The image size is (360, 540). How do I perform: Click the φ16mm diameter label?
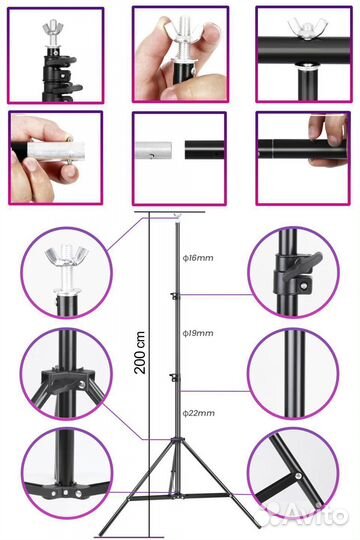pos(198,257)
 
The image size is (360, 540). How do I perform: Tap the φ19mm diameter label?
pos(198,333)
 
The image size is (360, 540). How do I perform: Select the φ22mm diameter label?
pos(199,413)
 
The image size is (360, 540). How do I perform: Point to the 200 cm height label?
pos(140,353)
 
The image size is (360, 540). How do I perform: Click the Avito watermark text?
pos(303,516)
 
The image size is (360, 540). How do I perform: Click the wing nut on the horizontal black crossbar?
pos(303,28)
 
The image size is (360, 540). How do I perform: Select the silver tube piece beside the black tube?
pos(154,150)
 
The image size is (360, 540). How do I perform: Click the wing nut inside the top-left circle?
pos(66,255)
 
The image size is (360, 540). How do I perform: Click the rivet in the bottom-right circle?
pos(298,476)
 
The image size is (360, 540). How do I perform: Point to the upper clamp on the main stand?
pos(175,295)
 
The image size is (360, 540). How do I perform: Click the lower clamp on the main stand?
pos(174,377)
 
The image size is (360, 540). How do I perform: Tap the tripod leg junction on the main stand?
pos(177,440)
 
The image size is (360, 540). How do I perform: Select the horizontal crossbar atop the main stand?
pos(170,212)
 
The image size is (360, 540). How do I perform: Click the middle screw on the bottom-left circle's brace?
pos(65,493)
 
